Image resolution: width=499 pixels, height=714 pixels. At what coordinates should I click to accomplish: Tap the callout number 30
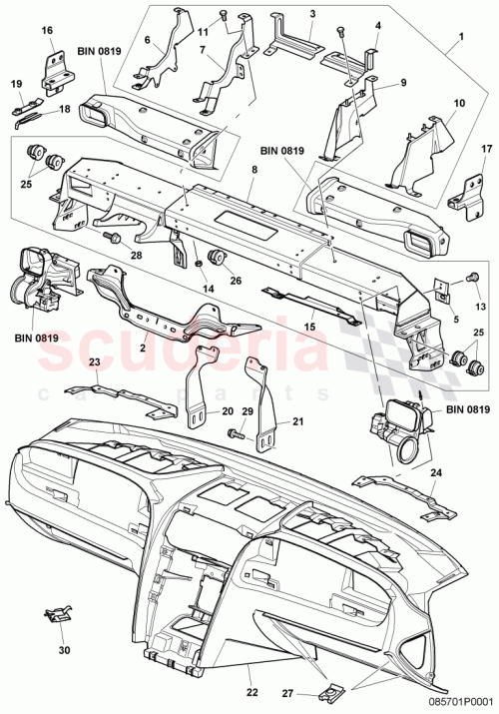[66, 650]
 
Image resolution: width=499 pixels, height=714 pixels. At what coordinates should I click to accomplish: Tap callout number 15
[310, 327]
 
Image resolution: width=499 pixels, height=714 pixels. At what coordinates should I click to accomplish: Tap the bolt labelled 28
[109, 237]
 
